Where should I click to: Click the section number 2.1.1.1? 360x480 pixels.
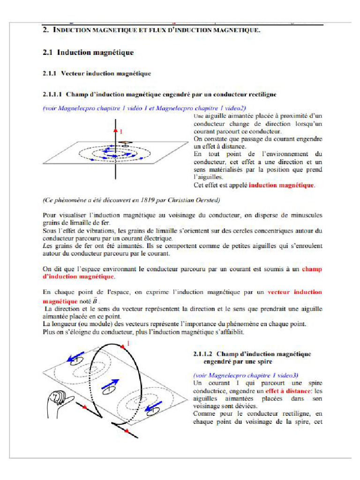(53, 94)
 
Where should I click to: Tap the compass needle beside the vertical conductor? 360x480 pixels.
(125, 142)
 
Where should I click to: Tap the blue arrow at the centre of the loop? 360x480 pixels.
(109, 385)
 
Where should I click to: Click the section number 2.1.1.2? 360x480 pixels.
(203, 354)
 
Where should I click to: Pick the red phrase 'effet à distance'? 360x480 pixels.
(285, 390)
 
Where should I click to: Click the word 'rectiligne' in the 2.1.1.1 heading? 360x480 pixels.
(260, 94)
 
